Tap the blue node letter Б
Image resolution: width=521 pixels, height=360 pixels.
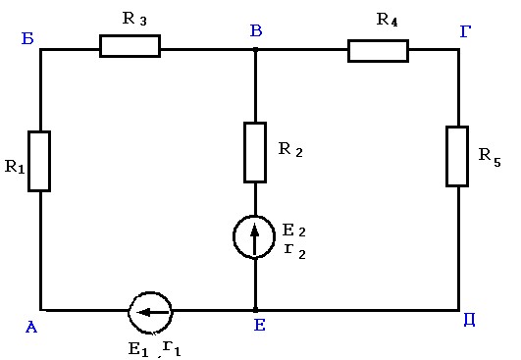(x=27, y=38)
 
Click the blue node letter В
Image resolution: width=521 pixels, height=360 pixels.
(x=256, y=30)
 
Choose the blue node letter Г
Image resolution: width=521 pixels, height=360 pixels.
(x=465, y=31)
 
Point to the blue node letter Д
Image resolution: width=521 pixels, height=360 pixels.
(x=469, y=320)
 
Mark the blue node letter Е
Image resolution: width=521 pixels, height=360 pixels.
(x=259, y=325)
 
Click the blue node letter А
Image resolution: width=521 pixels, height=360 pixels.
(x=31, y=327)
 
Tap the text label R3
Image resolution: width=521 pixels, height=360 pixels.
(x=134, y=19)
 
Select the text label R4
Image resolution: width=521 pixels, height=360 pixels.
(x=388, y=20)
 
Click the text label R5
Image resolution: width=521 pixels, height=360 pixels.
(x=490, y=157)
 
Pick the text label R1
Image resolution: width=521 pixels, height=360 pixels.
(x=15, y=167)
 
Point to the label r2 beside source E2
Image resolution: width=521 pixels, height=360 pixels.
(x=295, y=252)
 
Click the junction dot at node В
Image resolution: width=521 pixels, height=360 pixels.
(x=255, y=50)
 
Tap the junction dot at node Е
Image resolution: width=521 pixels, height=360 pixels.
(x=255, y=310)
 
